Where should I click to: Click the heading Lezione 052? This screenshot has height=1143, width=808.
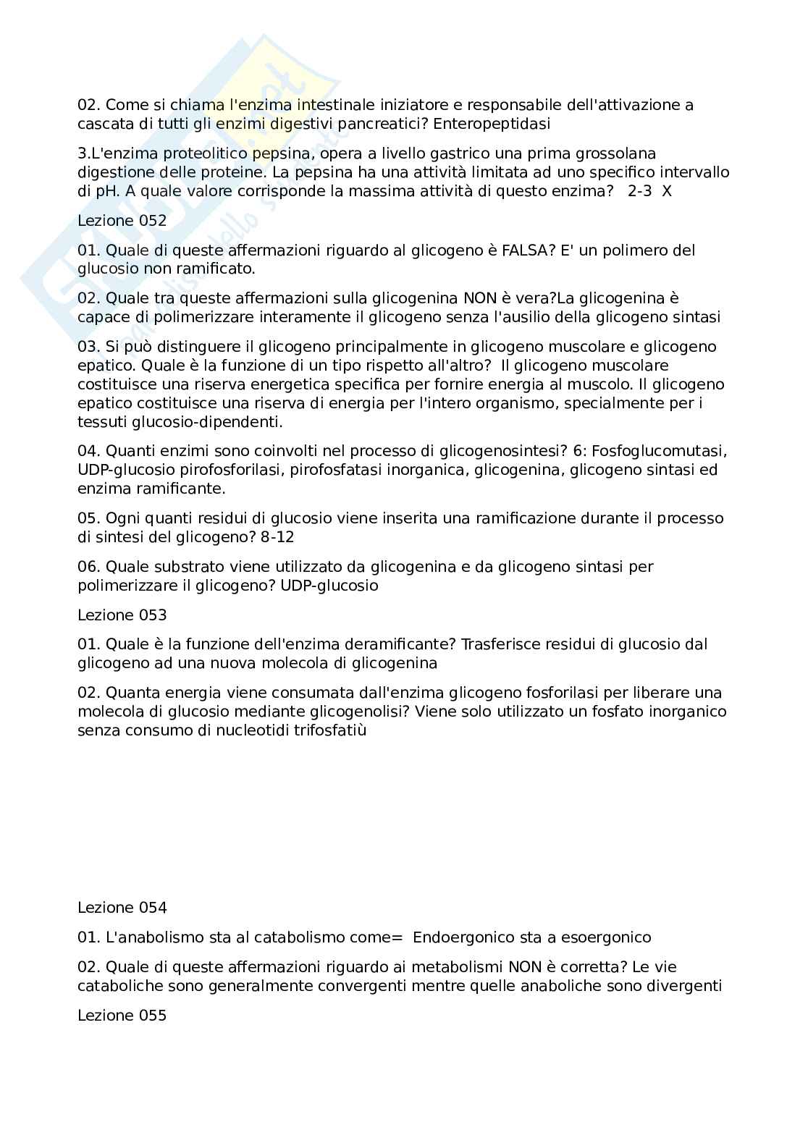[122, 221]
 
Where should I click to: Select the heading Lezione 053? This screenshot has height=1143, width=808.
[122, 615]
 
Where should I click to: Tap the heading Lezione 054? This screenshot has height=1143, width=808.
[122, 908]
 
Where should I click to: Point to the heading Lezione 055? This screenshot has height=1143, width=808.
[122, 1016]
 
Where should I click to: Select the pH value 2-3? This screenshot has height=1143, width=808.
[639, 192]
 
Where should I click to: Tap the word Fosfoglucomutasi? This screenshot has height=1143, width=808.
[659, 451]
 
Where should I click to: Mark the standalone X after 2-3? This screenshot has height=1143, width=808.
[667, 192]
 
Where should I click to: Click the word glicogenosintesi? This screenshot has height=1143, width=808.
[502, 451]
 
